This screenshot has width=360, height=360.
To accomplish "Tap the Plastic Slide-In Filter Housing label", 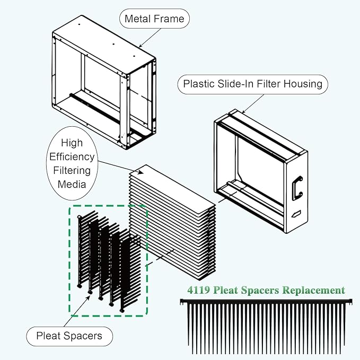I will (x=252, y=84).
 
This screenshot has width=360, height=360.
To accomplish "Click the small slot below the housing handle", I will (x=295, y=214).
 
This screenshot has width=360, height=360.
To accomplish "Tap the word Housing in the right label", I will (x=301, y=84).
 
